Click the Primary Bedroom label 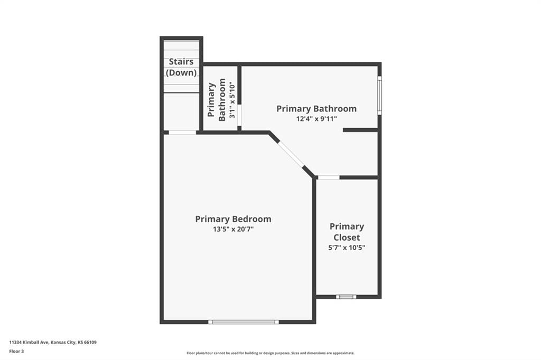[x=233, y=219]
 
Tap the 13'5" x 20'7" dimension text [x=233, y=229]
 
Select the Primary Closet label [x=347, y=232]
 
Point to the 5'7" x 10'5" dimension [x=347, y=248]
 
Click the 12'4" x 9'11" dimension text [x=316, y=119]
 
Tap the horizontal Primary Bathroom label [x=316, y=109]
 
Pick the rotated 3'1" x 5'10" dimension [x=232, y=100]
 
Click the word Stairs [x=181, y=62]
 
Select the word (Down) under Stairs [x=181, y=73]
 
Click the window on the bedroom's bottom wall [x=243, y=322]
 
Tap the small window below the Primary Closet [x=347, y=297]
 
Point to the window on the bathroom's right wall [x=379, y=96]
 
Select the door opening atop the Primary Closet [x=329, y=177]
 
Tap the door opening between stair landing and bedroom [x=182, y=132]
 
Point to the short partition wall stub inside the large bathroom [x=360, y=130]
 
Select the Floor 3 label [x=16, y=352]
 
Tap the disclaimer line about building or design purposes [x=270, y=353]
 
